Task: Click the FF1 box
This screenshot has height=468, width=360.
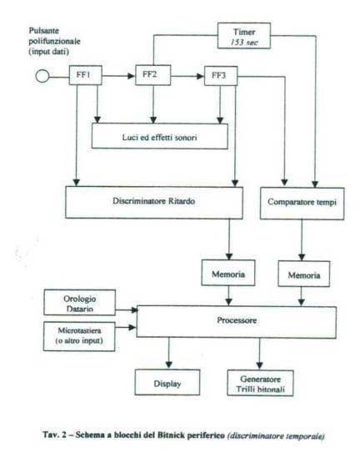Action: pyautogui.click(x=85, y=75)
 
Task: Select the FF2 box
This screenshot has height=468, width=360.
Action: pyautogui.click(x=153, y=75)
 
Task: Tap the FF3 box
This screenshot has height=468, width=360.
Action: pyautogui.click(x=221, y=76)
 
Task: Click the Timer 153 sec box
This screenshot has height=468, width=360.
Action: pyautogui.click(x=244, y=36)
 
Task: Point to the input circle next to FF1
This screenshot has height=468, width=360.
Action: pyautogui.click(x=42, y=76)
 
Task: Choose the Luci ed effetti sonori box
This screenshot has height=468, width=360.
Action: pyautogui.click(x=159, y=137)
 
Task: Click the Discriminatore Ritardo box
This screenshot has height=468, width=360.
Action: pyautogui.click(x=154, y=203)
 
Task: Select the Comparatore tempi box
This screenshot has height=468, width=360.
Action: pyautogui.click(x=302, y=204)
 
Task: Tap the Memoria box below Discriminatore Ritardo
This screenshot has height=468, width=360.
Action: pyautogui.click(x=228, y=273)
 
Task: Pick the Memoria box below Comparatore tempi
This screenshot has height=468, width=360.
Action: pyautogui.click(x=304, y=274)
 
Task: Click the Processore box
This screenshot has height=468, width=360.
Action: pyautogui.click(x=237, y=322)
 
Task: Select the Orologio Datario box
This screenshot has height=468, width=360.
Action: pyautogui.click(x=80, y=302)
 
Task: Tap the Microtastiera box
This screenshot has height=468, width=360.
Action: pyautogui.click(x=79, y=336)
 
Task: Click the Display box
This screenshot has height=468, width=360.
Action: pyautogui.click(x=167, y=382)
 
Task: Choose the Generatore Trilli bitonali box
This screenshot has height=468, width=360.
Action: pyautogui.click(x=260, y=383)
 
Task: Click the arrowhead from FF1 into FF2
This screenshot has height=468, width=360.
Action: pyautogui.click(x=132, y=76)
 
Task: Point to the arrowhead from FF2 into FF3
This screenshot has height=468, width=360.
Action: pyautogui.click(x=201, y=77)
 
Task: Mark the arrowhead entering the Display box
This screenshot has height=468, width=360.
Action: pyautogui.click(x=169, y=365)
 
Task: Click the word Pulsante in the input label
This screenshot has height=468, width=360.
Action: pyautogui.click(x=44, y=31)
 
